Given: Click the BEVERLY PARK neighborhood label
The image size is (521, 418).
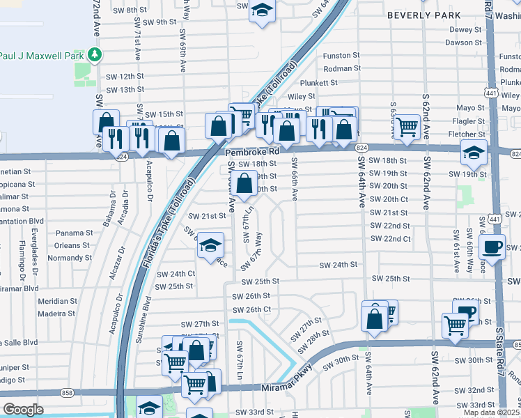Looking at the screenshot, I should pos(423,15).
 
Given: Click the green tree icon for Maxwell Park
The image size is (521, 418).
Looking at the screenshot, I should pos(93,55).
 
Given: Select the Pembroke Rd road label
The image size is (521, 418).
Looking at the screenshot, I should pos(251,150).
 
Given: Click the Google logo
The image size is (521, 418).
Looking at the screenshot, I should pos(23,410).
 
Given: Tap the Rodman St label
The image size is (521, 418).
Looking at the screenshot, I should pos(341,68).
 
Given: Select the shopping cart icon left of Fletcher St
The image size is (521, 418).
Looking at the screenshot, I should pos(406,126).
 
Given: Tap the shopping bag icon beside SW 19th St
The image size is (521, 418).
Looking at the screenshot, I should pos(244,185).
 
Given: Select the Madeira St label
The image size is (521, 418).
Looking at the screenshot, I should pos(57,313).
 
